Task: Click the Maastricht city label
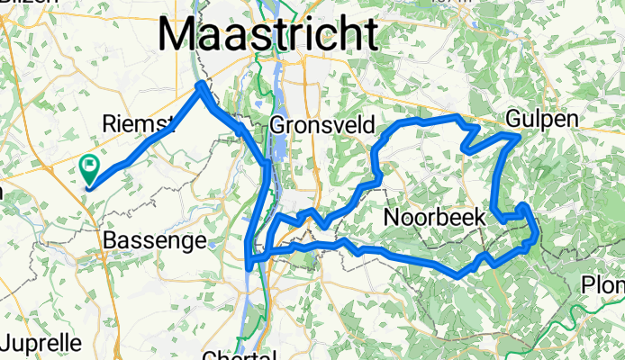(268, 35)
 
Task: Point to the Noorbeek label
(435, 217)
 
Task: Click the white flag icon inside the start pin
(90, 165)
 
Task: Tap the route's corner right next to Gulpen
(515, 137)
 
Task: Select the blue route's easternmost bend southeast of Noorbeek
(538, 236)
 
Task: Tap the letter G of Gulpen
(513, 119)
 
